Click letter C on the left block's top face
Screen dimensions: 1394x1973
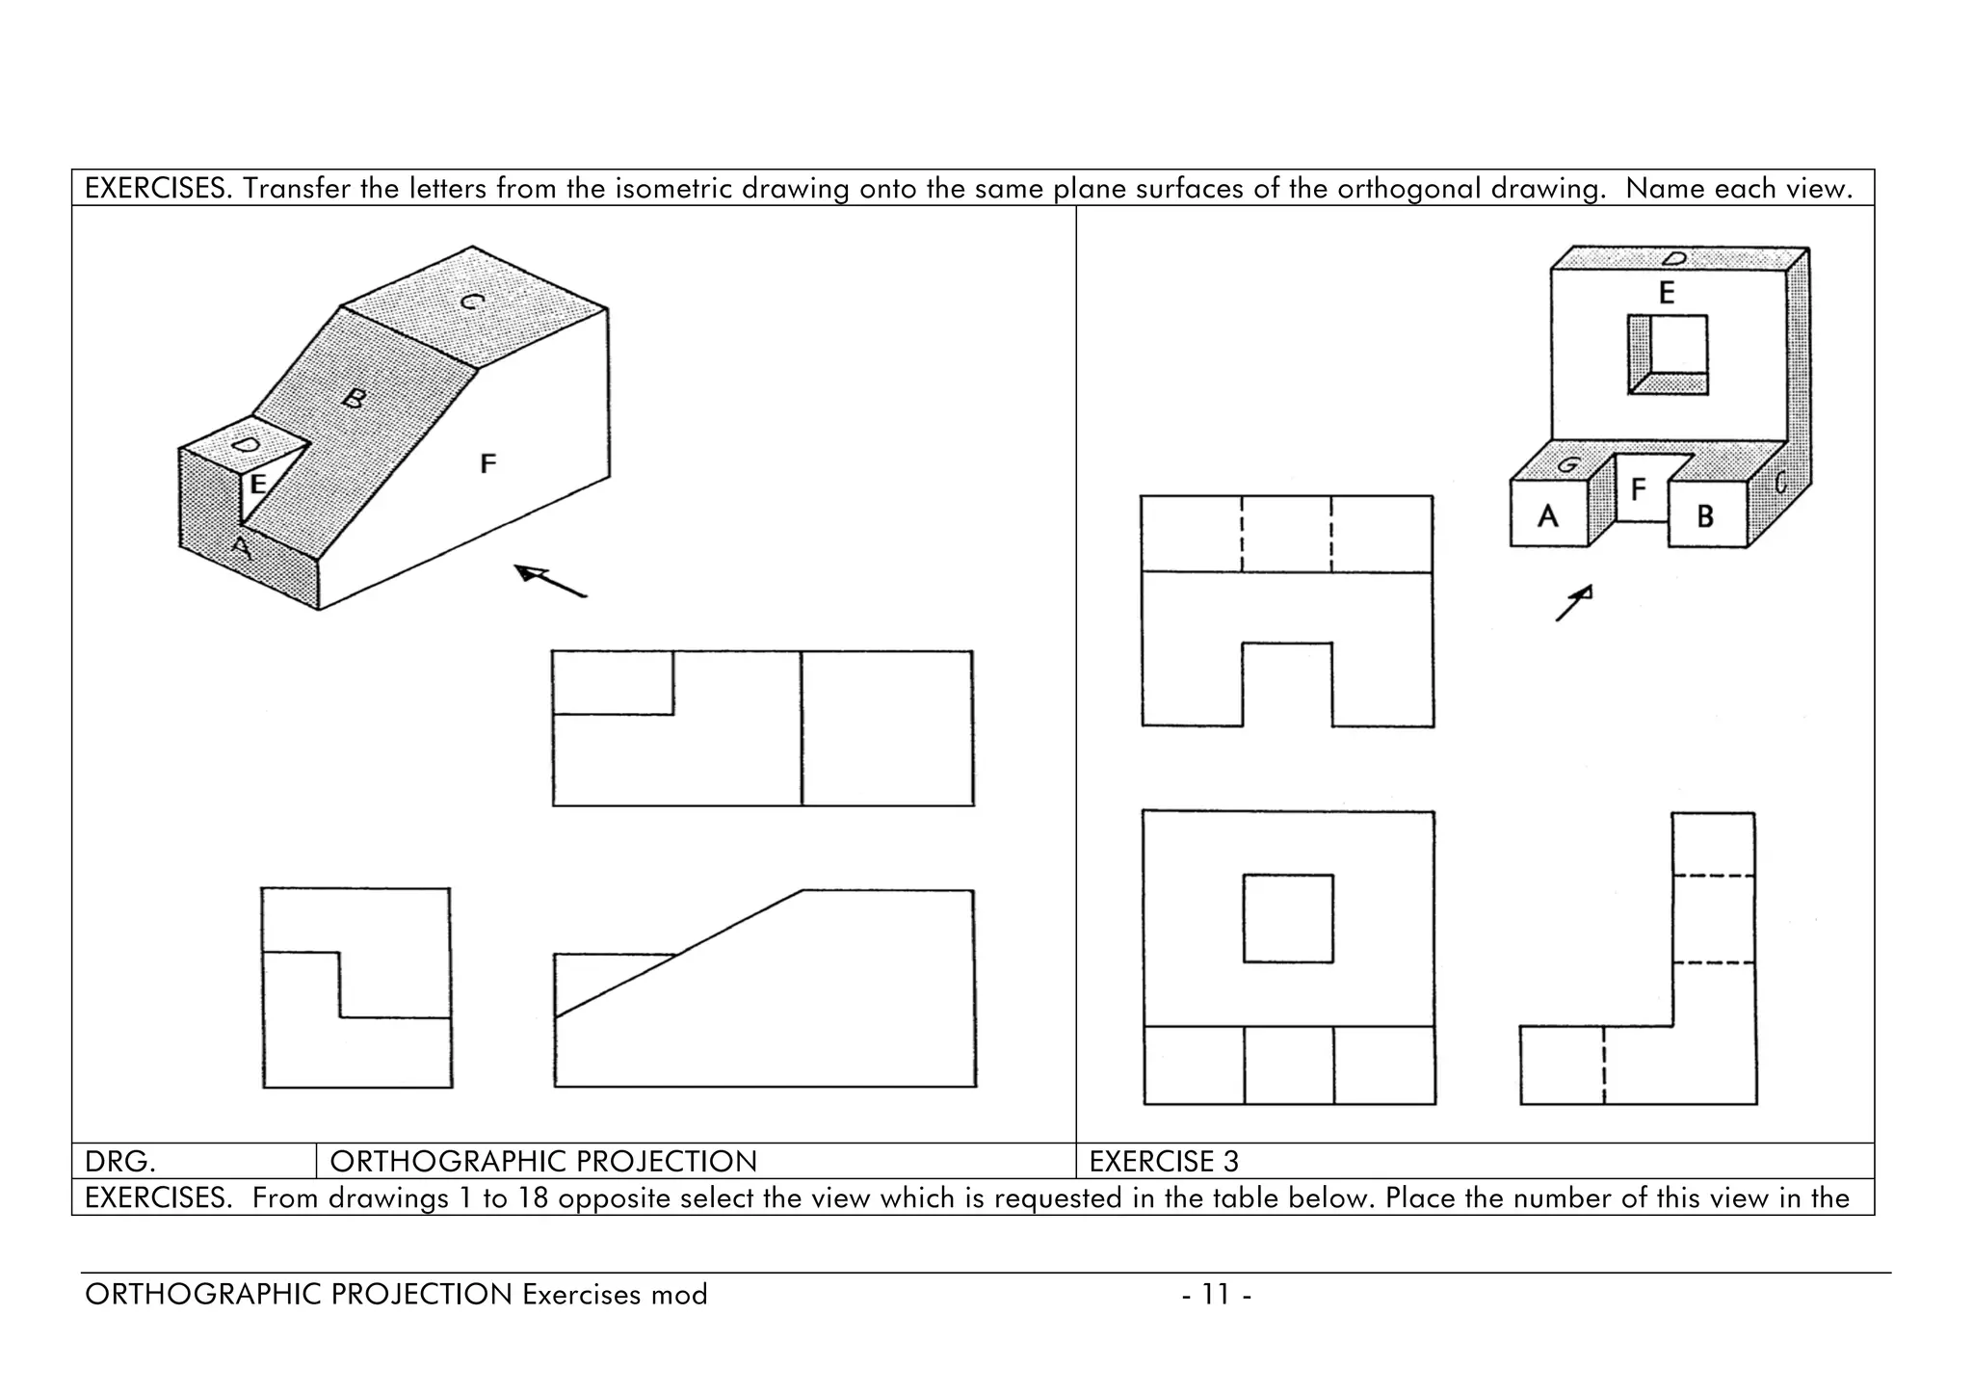click(x=471, y=302)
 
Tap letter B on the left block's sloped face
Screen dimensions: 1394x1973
click(x=355, y=398)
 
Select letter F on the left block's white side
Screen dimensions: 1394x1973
click(x=488, y=464)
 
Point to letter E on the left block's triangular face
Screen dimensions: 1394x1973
click(x=257, y=485)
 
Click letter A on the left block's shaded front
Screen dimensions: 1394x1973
click(x=241, y=548)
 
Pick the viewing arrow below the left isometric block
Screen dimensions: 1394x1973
click(x=549, y=581)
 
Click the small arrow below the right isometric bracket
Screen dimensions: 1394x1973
click(x=1574, y=603)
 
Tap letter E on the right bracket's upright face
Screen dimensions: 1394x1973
click(x=1667, y=293)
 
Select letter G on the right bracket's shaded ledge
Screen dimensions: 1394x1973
click(x=1567, y=465)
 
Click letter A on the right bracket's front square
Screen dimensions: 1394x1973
click(x=1547, y=516)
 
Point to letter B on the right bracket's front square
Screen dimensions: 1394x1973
click(x=1705, y=516)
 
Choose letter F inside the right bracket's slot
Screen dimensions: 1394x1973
click(x=1638, y=490)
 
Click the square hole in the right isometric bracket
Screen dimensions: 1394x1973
click(x=1668, y=355)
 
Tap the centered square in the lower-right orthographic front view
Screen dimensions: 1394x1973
click(x=1288, y=918)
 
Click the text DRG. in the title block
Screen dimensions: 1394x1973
click(x=120, y=1162)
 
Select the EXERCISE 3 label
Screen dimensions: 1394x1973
click(x=1164, y=1162)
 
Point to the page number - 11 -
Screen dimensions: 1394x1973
click(x=1217, y=1295)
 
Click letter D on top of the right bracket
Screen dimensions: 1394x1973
click(x=1674, y=258)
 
